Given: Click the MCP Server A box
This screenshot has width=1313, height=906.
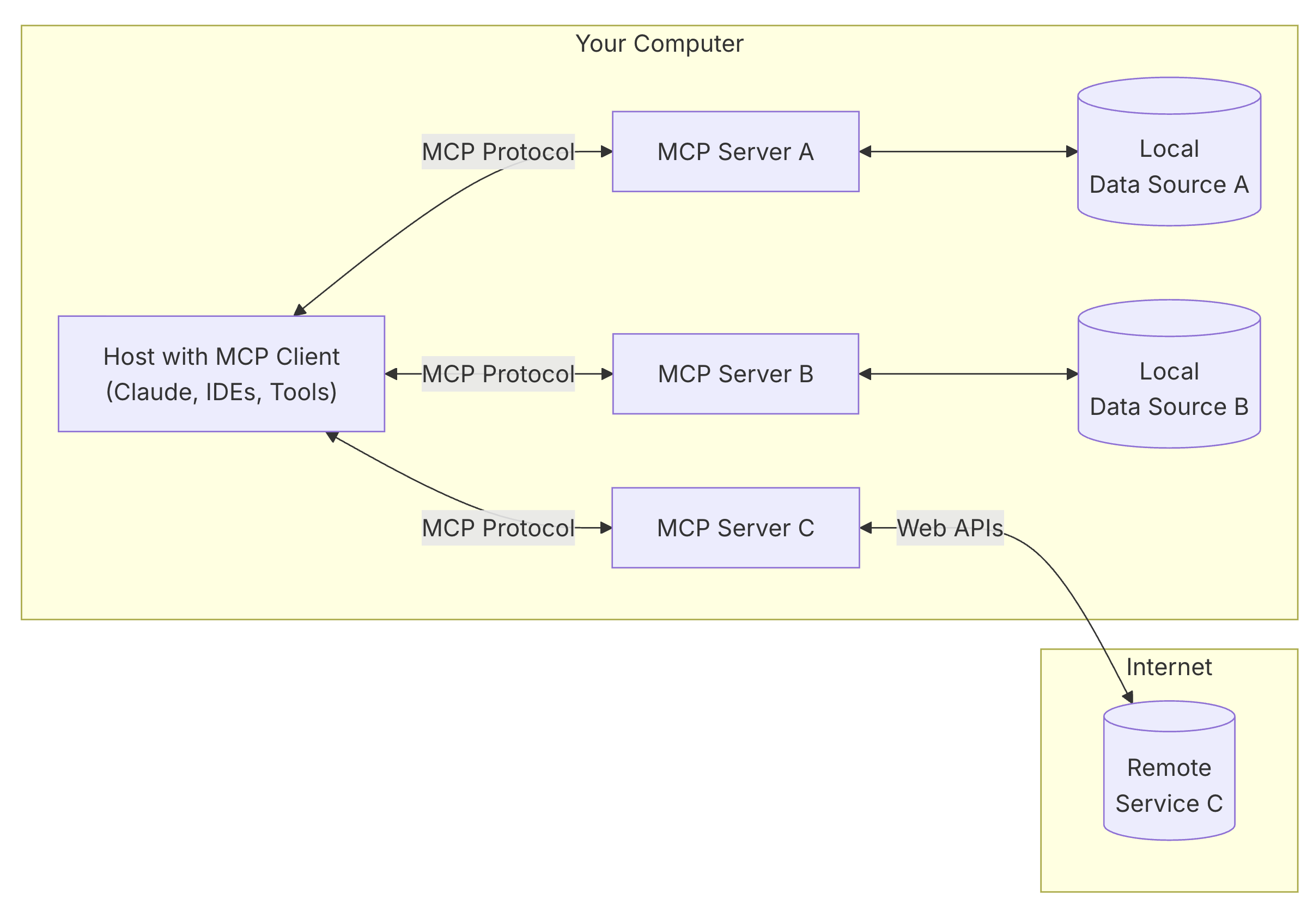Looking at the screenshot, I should point(735,151).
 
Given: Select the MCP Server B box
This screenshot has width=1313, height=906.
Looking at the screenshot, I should point(735,374).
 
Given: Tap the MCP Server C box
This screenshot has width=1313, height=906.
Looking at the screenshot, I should point(735,528).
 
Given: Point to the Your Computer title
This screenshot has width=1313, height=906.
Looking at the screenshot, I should point(659,44).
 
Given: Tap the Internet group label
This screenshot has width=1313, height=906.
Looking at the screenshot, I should point(1168,666).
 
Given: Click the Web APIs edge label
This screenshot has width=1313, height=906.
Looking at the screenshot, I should point(949,528).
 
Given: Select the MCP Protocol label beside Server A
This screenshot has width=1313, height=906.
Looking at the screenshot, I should point(497,151).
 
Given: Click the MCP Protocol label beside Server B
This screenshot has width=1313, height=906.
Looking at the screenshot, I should point(497,374).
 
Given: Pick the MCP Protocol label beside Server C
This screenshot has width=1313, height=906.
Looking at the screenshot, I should point(497,528).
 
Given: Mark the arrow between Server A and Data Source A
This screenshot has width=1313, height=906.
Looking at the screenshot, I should point(968,151).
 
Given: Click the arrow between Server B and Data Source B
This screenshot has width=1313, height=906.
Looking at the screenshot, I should point(968,374).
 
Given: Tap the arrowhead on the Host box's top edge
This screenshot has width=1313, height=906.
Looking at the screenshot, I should point(299,310).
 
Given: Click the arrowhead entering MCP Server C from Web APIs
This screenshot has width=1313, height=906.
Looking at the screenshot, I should point(865,528).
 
